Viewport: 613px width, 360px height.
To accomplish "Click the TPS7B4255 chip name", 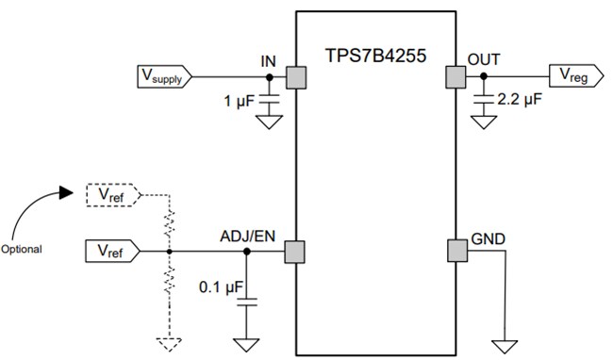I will point(375,55).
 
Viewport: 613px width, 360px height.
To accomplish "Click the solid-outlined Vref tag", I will point(112,252).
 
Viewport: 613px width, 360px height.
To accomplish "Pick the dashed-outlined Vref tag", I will point(112,195).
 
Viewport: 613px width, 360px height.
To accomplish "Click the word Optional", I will point(25,252).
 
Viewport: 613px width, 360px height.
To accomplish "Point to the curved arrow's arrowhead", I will point(65,193).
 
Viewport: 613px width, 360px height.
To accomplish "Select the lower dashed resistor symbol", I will point(169,281).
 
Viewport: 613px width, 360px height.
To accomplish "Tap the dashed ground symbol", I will point(169,342).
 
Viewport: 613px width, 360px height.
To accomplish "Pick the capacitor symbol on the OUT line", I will point(484,96).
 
